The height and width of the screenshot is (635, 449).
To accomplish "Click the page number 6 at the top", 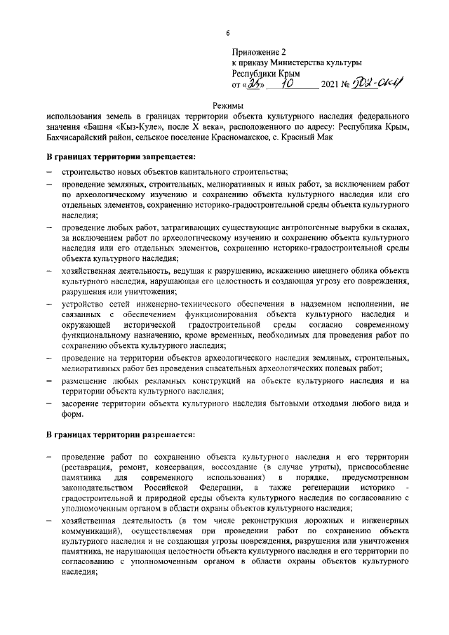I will [x=227, y=33].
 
